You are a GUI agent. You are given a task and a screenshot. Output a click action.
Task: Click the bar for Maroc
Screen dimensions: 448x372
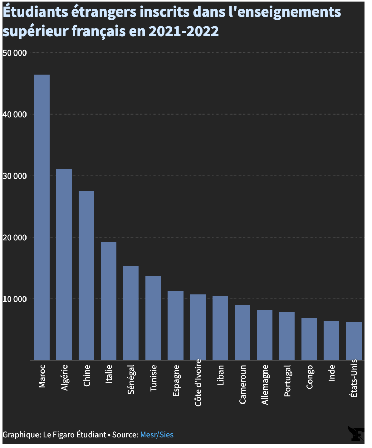(x=42, y=217)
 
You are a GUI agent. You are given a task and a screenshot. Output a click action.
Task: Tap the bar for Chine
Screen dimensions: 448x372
(x=86, y=276)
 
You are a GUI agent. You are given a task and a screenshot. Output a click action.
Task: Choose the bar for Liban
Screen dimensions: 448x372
(x=220, y=328)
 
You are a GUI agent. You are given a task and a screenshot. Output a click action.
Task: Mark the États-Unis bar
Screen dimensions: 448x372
(x=354, y=341)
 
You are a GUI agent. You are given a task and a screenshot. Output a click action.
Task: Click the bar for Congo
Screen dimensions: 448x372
(x=309, y=339)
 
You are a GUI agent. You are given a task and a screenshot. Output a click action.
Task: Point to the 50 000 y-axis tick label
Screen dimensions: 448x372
(x=15, y=53)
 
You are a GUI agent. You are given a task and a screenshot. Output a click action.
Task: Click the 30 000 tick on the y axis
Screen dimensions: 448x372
(x=15, y=176)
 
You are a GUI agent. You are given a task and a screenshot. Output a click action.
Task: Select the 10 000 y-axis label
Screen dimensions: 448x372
(x=15, y=299)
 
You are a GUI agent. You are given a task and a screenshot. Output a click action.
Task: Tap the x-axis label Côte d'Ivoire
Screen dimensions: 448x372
(x=198, y=383)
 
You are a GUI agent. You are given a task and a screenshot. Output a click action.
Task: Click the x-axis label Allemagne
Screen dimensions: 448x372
(x=265, y=385)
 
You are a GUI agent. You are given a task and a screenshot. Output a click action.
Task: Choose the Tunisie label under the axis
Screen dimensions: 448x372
(x=154, y=378)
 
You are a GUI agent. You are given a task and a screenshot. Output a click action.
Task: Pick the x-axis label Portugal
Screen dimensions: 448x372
(x=287, y=381)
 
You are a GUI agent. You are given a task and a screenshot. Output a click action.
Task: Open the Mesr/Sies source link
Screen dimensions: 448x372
(x=157, y=435)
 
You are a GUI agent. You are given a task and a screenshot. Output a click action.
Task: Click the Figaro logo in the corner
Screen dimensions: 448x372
(x=356, y=433)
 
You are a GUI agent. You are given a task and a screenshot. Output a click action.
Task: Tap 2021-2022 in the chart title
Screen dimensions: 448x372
(x=184, y=31)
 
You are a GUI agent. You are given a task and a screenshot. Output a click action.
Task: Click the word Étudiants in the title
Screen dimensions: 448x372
(x=35, y=12)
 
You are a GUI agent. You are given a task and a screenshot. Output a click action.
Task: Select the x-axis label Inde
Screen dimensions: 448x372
(x=332, y=373)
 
